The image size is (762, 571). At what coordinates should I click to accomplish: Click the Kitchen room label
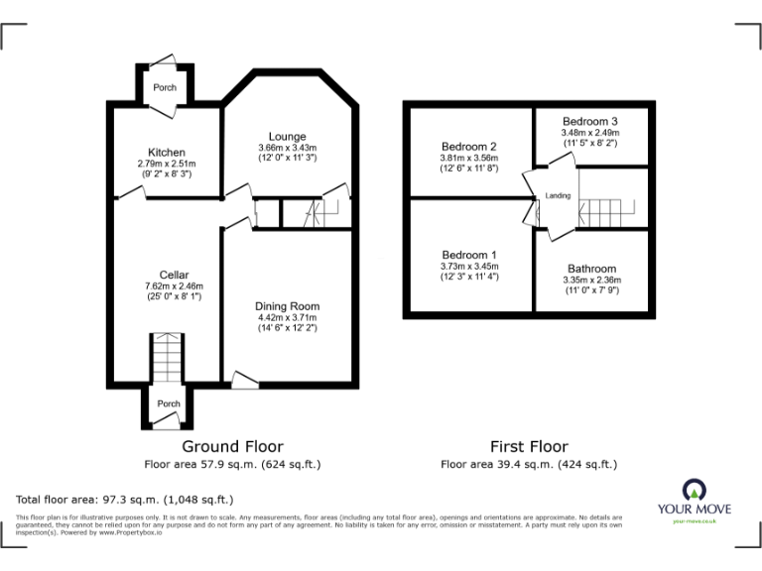click(166, 152)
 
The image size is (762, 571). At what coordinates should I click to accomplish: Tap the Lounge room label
click(287, 136)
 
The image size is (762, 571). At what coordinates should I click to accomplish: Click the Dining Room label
click(287, 306)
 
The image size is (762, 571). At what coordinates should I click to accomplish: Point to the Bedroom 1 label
click(469, 255)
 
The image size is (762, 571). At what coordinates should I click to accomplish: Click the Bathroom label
click(591, 269)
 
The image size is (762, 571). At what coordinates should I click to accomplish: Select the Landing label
click(558, 196)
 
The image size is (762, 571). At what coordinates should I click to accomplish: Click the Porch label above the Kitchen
click(165, 87)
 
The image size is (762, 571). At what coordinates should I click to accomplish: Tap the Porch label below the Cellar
click(169, 403)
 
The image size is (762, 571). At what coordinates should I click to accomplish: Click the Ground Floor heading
click(232, 447)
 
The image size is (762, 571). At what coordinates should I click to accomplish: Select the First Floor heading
click(529, 447)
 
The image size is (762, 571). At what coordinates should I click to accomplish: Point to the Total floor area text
click(125, 499)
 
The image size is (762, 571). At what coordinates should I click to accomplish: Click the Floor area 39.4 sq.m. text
click(529, 464)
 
